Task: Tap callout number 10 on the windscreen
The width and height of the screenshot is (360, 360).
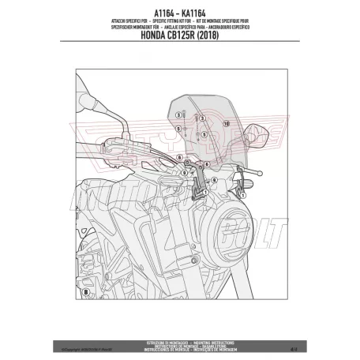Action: click(226, 125)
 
